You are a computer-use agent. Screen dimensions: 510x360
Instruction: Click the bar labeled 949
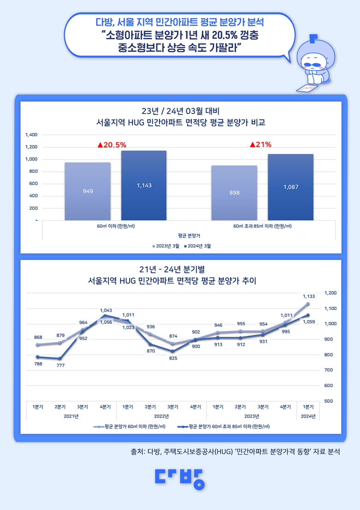pyautogui.click(x=88, y=191)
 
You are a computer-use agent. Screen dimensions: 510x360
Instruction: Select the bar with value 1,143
pyautogui.click(x=144, y=185)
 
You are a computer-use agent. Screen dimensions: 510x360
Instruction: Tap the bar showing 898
pyautogui.click(x=234, y=193)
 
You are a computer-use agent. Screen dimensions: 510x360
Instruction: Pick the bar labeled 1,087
pyautogui.click(x=291, y=187)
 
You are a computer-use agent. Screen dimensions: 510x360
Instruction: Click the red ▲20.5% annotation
pyautogui.click(x=112, y=145)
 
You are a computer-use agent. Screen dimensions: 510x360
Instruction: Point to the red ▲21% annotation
pyautogui.click(x=260, y=145)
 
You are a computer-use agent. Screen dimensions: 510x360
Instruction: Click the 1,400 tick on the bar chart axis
pyautogui.click(x=31, y=135)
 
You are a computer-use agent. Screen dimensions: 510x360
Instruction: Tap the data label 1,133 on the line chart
pyautogui.click(x=309, y=296)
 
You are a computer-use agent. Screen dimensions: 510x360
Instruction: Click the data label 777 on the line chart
pyautogui.click(x=60, y=365)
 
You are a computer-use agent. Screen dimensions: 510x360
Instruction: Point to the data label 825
pyautogui.click(x=173, y=358)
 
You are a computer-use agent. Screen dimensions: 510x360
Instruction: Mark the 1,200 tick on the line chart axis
pyautogui.click(x=331, y=293)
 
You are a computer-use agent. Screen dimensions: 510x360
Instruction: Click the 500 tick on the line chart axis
pyautogui.click(x=328, y=401)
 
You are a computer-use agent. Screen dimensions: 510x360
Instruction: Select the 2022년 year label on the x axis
pyautogui.click(x=161, y=416)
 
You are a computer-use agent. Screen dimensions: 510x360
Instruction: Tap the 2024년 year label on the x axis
pyautogui.click(x=308, y=416)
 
